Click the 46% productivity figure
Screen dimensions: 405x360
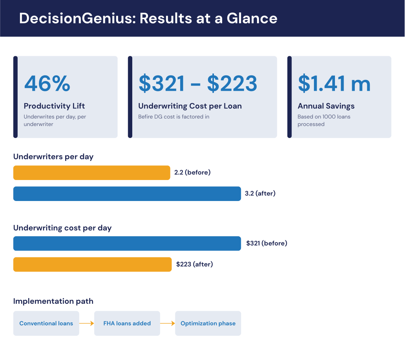47,83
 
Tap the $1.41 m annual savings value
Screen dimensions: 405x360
334,83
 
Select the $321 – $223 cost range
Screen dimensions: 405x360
198,83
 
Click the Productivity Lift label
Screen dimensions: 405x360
54,106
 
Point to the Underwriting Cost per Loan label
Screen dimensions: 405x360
190,106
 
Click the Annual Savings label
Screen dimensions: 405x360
326,106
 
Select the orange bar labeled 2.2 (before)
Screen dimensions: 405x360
92,173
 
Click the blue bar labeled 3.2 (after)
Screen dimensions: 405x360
127,194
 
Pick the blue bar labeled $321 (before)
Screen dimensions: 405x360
127,243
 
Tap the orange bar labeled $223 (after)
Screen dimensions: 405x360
93,264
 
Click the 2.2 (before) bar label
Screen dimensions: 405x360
193,172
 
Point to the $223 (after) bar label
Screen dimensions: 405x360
194,264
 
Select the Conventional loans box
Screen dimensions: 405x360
46,323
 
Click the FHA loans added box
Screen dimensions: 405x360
127,323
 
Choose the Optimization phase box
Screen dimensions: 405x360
208,323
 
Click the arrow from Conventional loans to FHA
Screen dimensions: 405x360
87,323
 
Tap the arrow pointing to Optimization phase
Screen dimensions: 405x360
167,323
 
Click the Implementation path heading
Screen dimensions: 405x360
53,301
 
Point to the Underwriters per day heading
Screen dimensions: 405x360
53,157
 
